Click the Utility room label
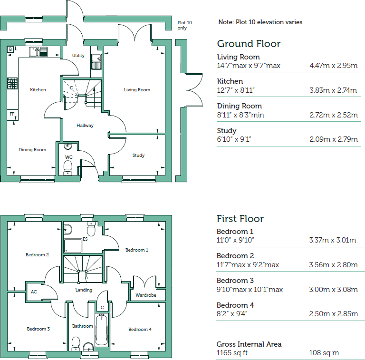click(x=78, y=56)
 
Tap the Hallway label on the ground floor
click(x=86, y=126)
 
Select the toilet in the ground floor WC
click(x=67, y=167)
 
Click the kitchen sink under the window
click(x=38, y=51)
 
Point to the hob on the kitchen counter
click(x=12, y=84)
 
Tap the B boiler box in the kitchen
click(x=10, y=49)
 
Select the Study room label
click(x=138, y=156)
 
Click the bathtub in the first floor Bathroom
click(x=102, y=330)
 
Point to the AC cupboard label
click(x=34, y=292)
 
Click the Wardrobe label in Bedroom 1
click(x=145, y=295)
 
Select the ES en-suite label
click(x=85, y=239)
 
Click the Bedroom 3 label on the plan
click(x=38, y=329)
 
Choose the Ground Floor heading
click(x=249, y=44)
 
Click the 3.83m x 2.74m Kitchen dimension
click(x=333, y=90)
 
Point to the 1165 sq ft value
click(x=232, y=353)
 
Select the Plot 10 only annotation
click(x=182, y=25)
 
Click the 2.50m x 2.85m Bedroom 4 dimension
click(x=332, y=314)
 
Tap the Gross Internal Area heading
click(x=249, y=344)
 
